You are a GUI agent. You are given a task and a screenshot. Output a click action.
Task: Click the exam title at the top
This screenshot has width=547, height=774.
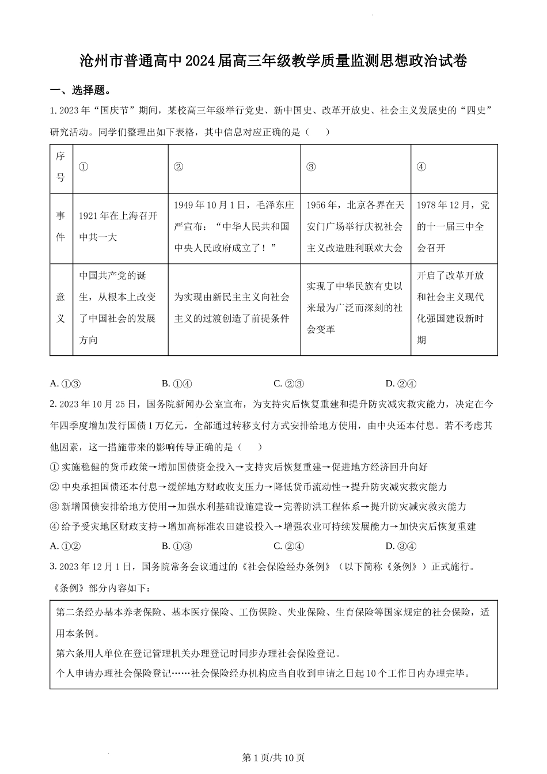coord(273,61)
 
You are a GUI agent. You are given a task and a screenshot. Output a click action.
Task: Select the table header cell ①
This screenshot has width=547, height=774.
coord(83,167)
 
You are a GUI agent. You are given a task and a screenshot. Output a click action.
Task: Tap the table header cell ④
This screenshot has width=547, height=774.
coord(421,167)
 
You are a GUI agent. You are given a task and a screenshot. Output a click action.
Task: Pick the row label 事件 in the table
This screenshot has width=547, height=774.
coord(60,226)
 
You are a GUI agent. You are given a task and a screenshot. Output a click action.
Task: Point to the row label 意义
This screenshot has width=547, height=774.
coord(60,308)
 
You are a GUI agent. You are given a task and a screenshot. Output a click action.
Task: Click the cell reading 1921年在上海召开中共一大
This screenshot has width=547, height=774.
coord(118,226)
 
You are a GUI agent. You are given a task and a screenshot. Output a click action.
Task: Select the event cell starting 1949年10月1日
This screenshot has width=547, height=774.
coord(234,226)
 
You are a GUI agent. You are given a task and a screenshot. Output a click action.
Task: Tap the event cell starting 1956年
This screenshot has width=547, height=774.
coord(355,226)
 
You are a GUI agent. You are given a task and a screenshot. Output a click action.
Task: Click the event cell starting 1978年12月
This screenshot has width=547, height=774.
coord(453,226)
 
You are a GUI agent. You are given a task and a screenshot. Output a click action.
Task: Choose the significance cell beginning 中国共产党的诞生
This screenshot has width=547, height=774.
coord(118,308)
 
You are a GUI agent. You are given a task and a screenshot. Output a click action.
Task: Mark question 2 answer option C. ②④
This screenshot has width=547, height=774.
coord(288,546)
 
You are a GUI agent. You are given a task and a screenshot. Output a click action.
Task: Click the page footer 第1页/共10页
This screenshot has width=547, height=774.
coord(273,757)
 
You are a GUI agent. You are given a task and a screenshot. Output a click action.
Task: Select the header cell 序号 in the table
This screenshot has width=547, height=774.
coord(60,167)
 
